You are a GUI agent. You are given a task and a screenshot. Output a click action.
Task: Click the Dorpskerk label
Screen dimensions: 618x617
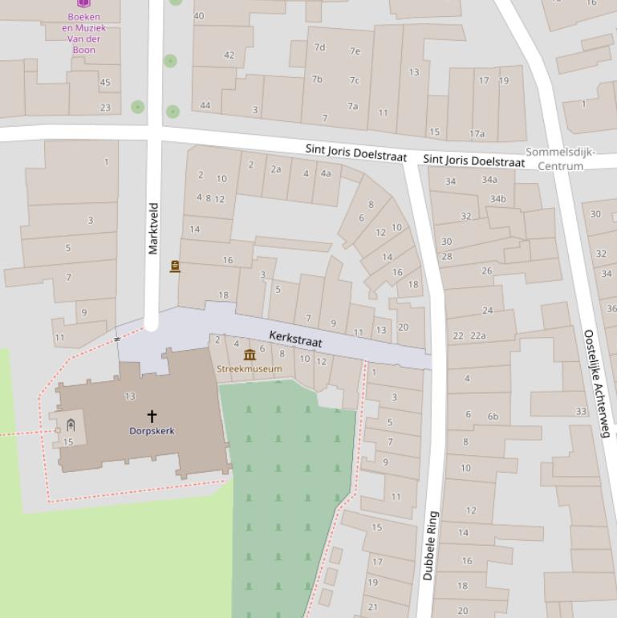coord(152,431)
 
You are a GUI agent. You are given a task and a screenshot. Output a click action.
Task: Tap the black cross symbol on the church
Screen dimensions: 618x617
coord(152,416)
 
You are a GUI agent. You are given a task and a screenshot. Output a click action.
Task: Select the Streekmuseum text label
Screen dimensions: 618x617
coord(249,369)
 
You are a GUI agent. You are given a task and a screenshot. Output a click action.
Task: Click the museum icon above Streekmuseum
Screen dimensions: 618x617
coord(249,355)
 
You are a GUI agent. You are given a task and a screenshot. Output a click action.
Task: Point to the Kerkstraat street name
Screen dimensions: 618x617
coord(295,339)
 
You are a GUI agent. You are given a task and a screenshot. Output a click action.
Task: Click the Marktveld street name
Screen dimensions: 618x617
coord(153,229)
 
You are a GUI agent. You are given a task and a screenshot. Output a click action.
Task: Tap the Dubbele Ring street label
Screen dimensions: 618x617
coord(430,546)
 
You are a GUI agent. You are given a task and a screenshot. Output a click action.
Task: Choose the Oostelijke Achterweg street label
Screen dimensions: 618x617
coord(598,384)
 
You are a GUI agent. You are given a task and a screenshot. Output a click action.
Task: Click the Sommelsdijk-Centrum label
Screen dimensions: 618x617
coord(561,159)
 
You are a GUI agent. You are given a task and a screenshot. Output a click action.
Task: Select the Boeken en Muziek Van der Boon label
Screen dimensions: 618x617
coord(83,33)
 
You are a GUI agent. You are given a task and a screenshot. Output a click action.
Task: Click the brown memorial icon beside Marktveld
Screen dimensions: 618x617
coord(175,266)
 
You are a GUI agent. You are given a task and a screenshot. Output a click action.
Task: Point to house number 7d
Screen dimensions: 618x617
coord(319,47)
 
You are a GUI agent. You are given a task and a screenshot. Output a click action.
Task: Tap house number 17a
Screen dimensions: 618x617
coord(477,134)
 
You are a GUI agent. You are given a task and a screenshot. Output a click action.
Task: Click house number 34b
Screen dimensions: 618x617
coord(497,199)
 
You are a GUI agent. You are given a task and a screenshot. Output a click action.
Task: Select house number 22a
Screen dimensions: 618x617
coord(478,335)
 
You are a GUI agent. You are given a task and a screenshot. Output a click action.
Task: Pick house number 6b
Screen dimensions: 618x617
coord(493,416)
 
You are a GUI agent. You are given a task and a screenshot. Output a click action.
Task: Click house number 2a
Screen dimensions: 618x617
coord(275,169)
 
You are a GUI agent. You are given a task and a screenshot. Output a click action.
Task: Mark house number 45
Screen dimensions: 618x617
coord(105,82)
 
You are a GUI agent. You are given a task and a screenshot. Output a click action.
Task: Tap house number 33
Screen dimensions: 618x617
coord(580,412)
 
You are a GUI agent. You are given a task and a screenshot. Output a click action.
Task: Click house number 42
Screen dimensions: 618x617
coord(229,55)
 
